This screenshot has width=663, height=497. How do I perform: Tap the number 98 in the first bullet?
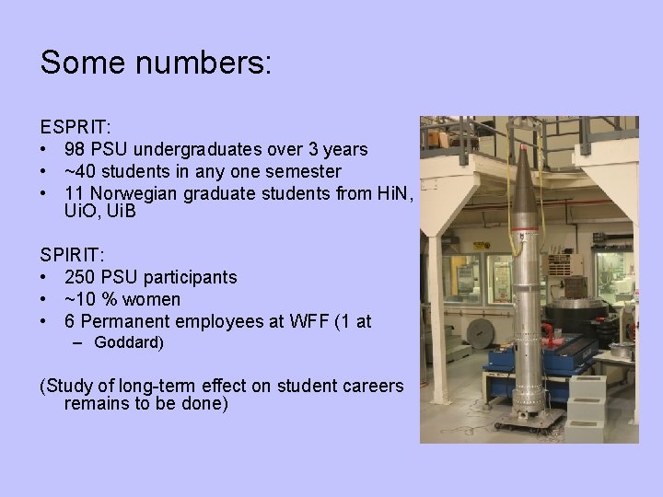(76, 149)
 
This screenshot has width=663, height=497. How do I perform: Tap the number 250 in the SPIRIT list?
(82, 277)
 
